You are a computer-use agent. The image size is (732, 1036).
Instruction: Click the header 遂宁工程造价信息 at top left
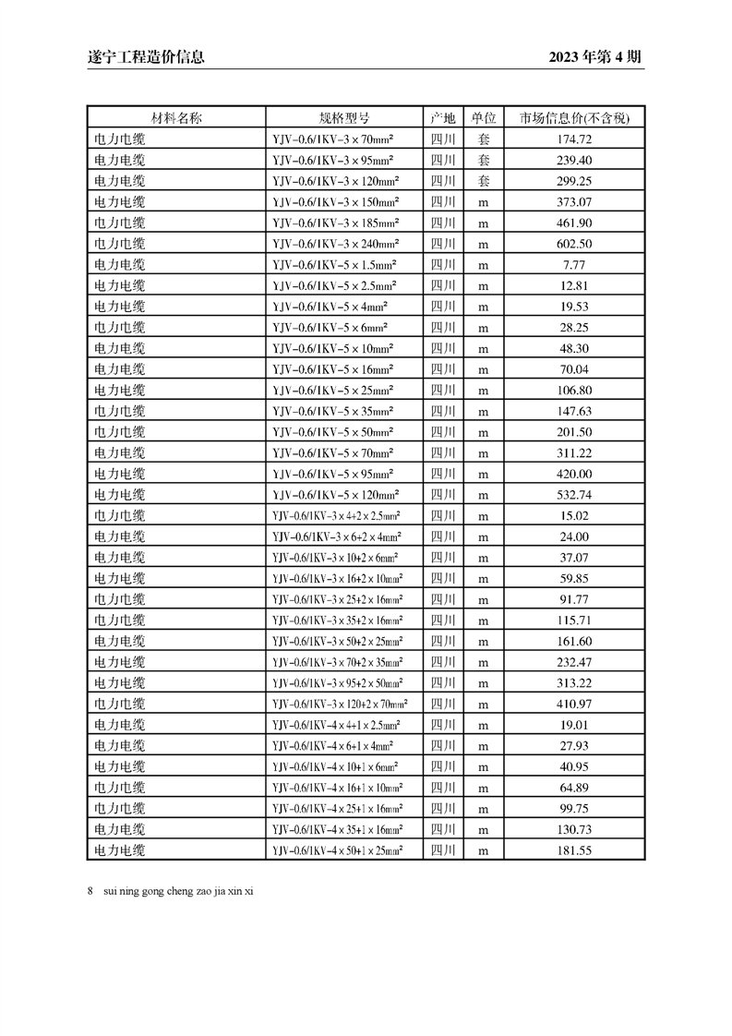(x=139, y=57)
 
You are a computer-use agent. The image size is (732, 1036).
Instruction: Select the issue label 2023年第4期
(x=594, y=57)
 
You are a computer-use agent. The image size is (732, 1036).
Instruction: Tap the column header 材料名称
(x=176, y=118)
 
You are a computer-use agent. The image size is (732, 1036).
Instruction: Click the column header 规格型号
(x=344, y=118)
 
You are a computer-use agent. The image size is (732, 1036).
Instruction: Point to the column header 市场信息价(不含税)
(x=574, y=118)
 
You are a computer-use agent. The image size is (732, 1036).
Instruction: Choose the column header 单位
(x=483, y=118)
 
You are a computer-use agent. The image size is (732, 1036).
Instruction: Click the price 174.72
(x=574, y=139)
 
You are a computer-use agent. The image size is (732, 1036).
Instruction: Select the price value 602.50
(x=574, y=244)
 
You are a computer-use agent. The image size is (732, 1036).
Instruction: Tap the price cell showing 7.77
(x=574, y=265)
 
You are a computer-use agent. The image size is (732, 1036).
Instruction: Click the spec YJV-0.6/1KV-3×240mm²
(x=336, y=244)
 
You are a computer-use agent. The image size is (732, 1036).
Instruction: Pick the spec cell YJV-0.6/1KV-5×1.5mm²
(x=335, y=265)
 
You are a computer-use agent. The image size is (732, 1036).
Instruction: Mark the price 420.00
(x=574, y=474)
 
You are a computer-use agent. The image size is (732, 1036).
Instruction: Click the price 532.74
(x=574, y=495)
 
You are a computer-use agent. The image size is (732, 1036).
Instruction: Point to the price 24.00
(x=574, y=536)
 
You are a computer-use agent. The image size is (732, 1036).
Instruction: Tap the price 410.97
(x=574, y=704)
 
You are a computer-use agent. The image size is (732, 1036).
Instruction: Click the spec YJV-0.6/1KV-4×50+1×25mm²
(x=338, y=850)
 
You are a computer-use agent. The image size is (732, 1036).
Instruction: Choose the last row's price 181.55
(x=574, y=850)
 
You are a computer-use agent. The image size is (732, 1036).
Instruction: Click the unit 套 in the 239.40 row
(x=483, y=161)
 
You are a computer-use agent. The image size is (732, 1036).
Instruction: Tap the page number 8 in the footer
(x=90, y=891)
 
